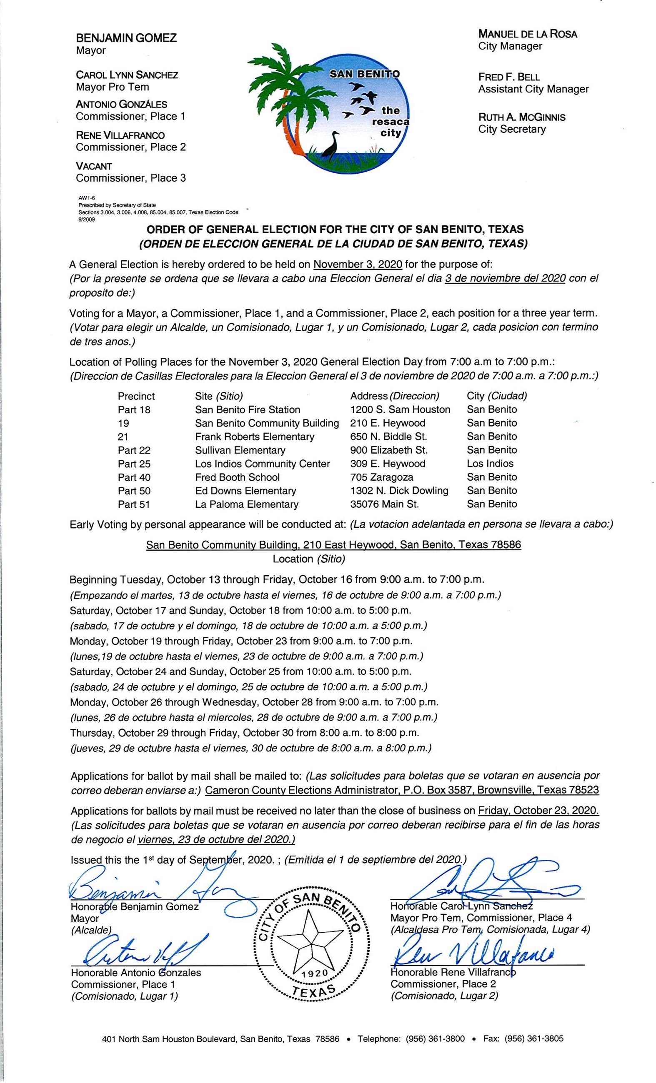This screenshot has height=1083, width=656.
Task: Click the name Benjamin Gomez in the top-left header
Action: (x=126, y=38)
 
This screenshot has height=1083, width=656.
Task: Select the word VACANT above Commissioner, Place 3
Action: (x=94, y=166)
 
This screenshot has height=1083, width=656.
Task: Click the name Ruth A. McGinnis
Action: (x=521, y=117)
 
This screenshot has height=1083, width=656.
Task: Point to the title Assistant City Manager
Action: (x=533, y=89)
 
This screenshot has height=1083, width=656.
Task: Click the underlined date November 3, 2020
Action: (x=358, y=264)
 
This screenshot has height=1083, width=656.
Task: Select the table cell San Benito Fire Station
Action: (x=248, y=409)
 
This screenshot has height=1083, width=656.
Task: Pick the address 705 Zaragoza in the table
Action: (x=382, y=477)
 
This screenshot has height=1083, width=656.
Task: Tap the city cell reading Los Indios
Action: (x=490, y=463)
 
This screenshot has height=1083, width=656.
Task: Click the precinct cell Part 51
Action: (x=134, y=504)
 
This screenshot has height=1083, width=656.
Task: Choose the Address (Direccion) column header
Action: (x=394, y=396)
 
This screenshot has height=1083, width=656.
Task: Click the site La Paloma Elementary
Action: (x=247, y=504)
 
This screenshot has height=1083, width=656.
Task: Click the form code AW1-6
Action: (x=83, y=198)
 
